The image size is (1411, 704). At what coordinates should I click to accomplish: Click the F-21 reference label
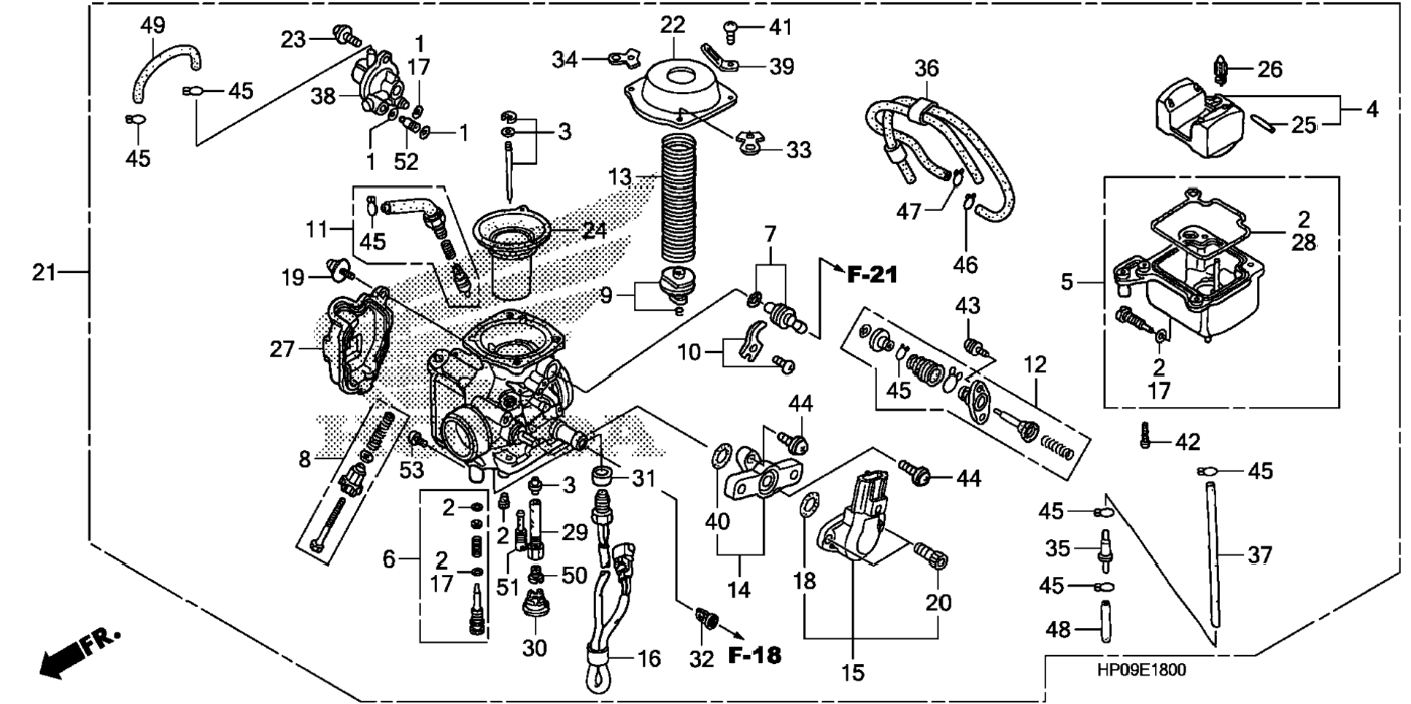pyautogui.click(x=873, y=275)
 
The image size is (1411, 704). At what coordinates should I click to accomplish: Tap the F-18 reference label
pyautogui.click(x=755, y=655)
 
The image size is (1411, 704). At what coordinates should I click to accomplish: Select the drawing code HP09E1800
pyautogui.click(x=1140, y=670)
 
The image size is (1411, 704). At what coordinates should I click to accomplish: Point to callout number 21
pyautogui.click(x=45, y=273)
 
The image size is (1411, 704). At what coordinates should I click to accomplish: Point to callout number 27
pyautogui.click(x=282, y=349)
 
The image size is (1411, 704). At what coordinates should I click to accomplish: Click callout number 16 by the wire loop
pyautogui.click(x=649, y=659)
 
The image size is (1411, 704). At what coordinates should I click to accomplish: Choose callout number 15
pyautogui.click(x=852, y=672)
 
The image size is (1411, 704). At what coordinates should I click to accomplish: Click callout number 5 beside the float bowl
pyautogui.click(x=1067, y=282)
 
